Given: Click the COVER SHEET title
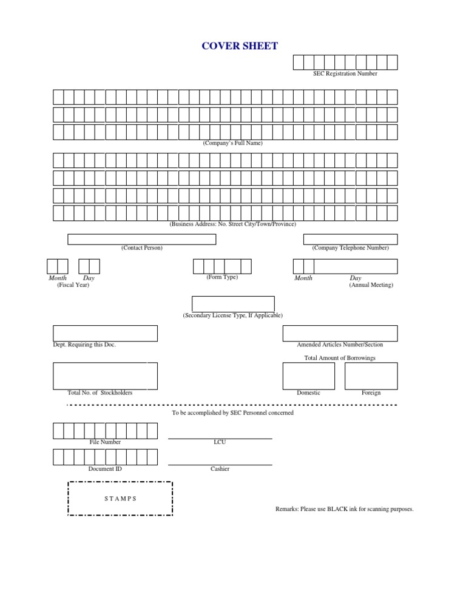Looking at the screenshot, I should click(240, 46).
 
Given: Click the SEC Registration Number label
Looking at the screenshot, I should click(345, 73).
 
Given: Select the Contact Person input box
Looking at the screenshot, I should click(141, 239).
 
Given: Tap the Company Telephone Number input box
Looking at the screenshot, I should click(350, 239).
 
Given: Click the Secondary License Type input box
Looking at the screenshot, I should click(233, 303).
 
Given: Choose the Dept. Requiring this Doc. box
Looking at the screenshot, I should click(105, 333).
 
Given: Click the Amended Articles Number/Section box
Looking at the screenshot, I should click(340, 333).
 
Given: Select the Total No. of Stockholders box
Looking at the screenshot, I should click(105, 376).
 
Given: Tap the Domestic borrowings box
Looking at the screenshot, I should click(308, 376).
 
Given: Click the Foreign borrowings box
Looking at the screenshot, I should click(371, 376).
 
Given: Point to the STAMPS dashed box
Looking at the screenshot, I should click(120, 499).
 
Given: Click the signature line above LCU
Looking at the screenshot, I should click(220, 438).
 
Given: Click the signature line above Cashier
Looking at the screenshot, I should click(220, 465).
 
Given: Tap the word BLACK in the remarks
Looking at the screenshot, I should click(337, 509).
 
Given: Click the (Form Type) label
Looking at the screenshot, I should click(222, 277).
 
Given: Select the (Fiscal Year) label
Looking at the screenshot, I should click(73, 285).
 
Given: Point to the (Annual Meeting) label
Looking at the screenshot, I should click(371, 285).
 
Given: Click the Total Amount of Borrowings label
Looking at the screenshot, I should click(340, 358).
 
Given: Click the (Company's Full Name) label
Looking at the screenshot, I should click(232, 143).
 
